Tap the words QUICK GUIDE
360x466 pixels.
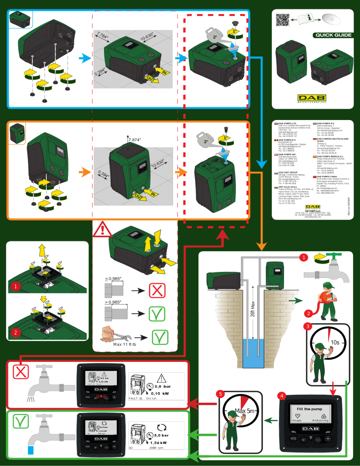(x=333, y=35)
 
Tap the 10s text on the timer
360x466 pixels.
(x=335, y=342)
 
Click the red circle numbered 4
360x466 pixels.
(x=281, y=396)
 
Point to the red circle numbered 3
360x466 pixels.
(x=307, y=326)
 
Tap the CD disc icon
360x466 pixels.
(x=331, y=19)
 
